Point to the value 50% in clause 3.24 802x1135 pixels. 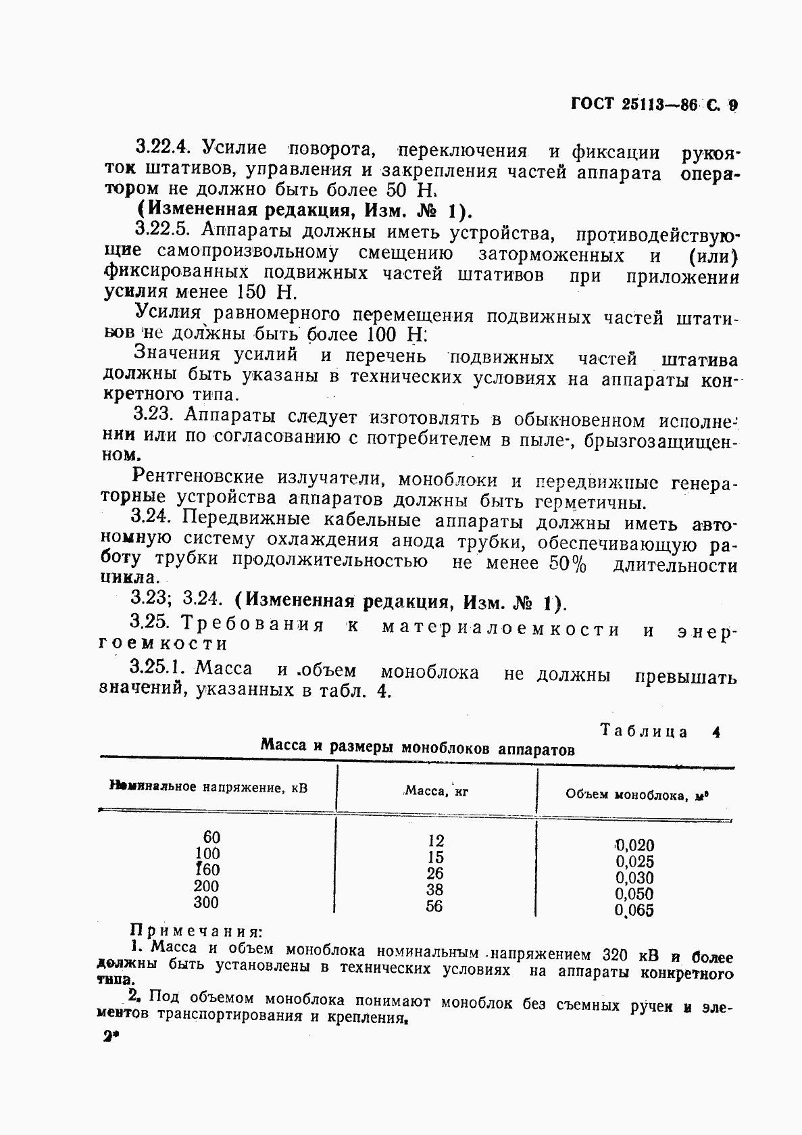pyautogui.click(x=568, y=564)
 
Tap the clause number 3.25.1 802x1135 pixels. pyautogui.click(x=157, y=668)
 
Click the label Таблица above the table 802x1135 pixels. pyautogui.click(x=643, y=731)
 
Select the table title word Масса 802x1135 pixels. pyautogui.click(x=282, y=746)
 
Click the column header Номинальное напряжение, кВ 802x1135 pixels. pyautogui.click(x=209, y=787)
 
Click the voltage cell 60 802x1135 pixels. pyautogui.click(x=211, y=837)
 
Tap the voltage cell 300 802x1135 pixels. pyautogui.click(x=205, y=902)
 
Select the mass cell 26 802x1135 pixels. pyautogui.click(x=435, y=873)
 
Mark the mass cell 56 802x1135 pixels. pyautogui.click(x=434, y=906)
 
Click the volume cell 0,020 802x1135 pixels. pyautogui.click(x=634, y=845)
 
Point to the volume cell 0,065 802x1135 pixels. pyautogui.click(x=634, y=910)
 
